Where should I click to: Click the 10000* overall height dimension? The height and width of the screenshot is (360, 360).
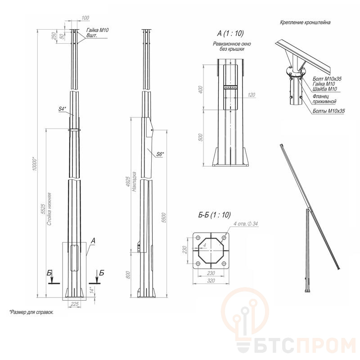pos(35,164)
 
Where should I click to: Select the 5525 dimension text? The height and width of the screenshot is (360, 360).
pos(43,208)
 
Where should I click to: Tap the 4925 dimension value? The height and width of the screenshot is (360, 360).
pos(128,182)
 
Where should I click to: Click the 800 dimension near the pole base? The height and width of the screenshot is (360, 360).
pos(128,275)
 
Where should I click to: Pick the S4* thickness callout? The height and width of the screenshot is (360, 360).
pos(62,109)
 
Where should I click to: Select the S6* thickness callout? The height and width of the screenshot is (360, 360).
pos(160,154)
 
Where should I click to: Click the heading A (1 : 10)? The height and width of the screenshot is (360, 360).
pos(230,33)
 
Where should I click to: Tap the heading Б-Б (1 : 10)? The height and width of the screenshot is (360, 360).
pos(215,215)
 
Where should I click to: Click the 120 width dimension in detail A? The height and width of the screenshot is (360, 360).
pos(252,95)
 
